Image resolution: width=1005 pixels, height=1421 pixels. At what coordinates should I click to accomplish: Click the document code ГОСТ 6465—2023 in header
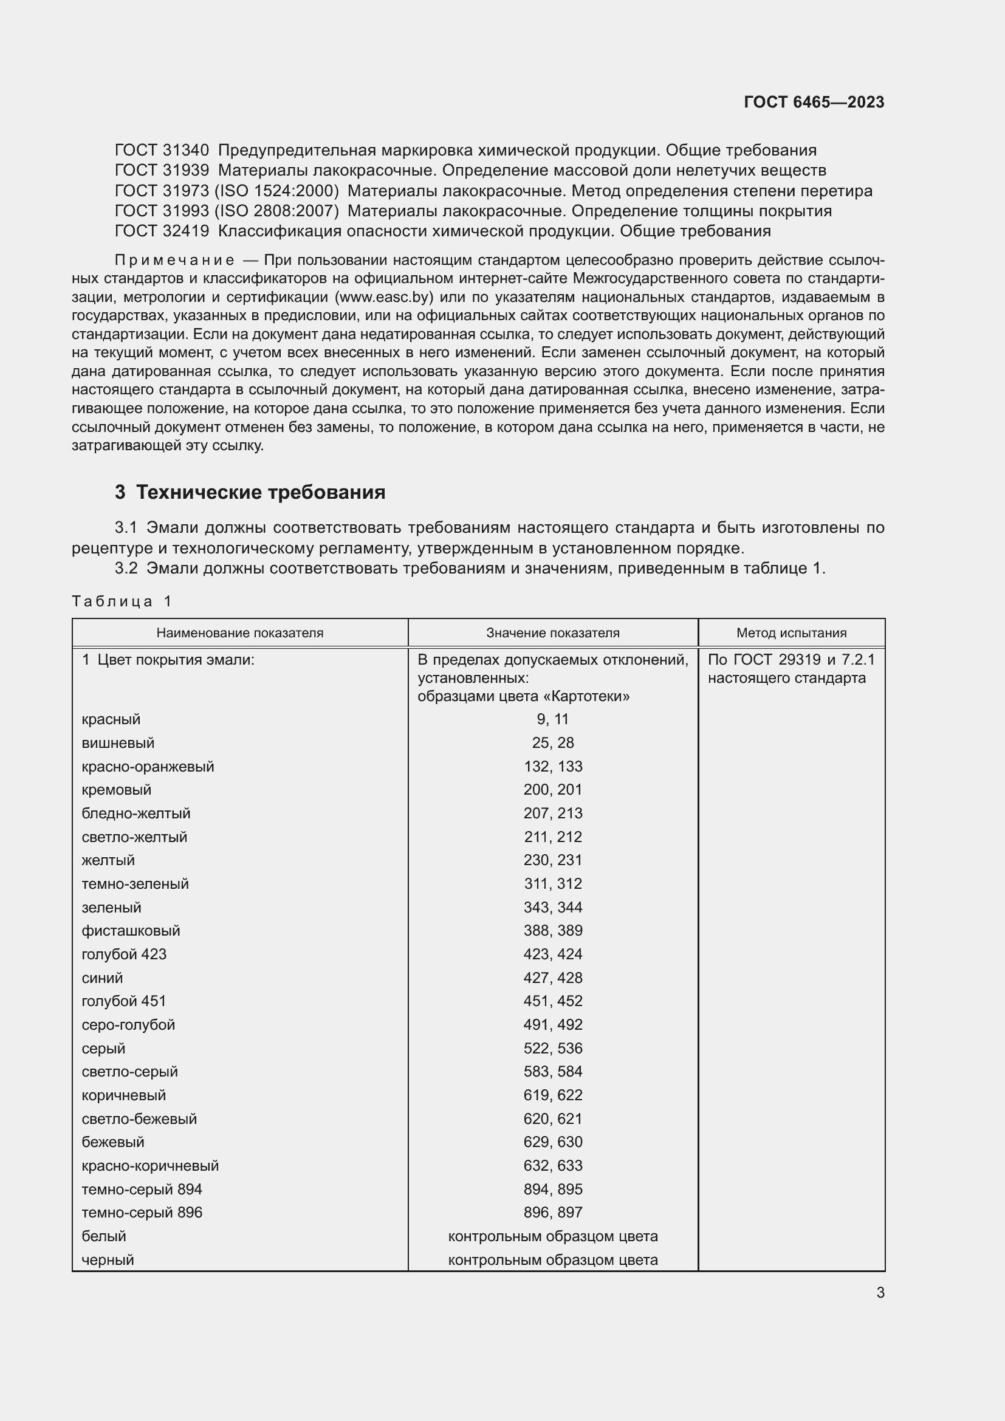(x=814, y=102)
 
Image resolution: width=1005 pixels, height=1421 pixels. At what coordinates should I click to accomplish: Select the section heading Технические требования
(x=260, y=492)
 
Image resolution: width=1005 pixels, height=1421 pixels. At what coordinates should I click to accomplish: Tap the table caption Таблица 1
(x=122, y=601)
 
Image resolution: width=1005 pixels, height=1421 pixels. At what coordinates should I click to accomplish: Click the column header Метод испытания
(x=791, y=632)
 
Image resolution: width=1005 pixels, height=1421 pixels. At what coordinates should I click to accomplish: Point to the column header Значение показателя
(x=552, y=632)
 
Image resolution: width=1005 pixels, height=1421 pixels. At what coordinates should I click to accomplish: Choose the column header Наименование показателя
(x=239, y=632)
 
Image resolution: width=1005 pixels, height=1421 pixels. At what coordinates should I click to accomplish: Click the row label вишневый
(x=118, y=742)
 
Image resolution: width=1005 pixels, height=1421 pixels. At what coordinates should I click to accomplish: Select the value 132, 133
(x=552, y=766)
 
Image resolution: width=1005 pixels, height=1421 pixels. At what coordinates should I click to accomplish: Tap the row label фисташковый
(x=131, y=930)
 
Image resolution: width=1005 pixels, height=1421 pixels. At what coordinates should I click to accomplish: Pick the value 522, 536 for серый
(x=552, y=1048)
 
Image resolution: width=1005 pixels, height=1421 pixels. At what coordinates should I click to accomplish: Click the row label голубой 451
(x=124, y=1001)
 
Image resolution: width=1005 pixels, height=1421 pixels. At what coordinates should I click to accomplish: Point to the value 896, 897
(x=552, y=1212)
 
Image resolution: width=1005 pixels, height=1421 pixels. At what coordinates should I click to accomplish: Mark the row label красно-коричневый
(x=149, y=1165)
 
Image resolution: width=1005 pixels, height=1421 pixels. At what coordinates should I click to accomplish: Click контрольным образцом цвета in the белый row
(x=552, y=1236)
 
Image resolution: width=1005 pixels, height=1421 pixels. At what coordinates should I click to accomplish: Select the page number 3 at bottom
(x=880, y=1292)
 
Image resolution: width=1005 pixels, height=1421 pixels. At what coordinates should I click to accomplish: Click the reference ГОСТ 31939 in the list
(x=162, y=170)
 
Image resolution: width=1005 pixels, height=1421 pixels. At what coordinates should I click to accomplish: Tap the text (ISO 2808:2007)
(x=276, y=211)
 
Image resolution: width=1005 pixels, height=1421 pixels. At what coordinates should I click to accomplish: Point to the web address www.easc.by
(x=383, y=297)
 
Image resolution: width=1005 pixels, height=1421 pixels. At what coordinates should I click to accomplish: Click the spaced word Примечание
(x=174, y=260)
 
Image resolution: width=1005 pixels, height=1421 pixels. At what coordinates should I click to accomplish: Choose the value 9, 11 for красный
(x=552, y=719)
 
